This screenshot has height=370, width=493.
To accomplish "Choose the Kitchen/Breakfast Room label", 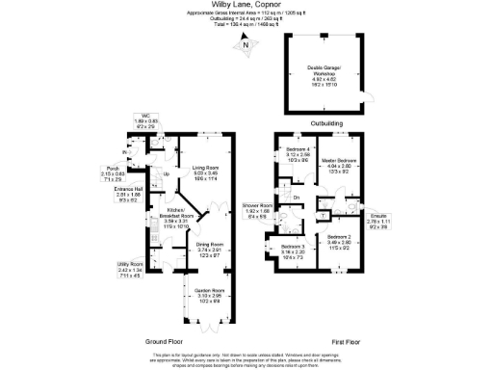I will (x=182, y=213).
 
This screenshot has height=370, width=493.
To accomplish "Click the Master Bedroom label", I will (x=345, y=161).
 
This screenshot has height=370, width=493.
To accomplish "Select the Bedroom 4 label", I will (x=298, y=150).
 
